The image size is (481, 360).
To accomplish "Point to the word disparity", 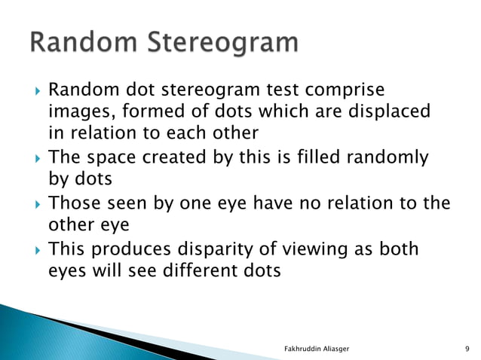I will click(204, 249).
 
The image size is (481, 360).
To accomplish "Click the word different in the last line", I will click(195, 270).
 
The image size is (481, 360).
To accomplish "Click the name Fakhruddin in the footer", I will click(300, 349).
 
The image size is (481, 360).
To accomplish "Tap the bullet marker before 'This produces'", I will click(32, 249).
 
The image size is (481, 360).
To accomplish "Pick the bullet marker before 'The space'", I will click(32, 158).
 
